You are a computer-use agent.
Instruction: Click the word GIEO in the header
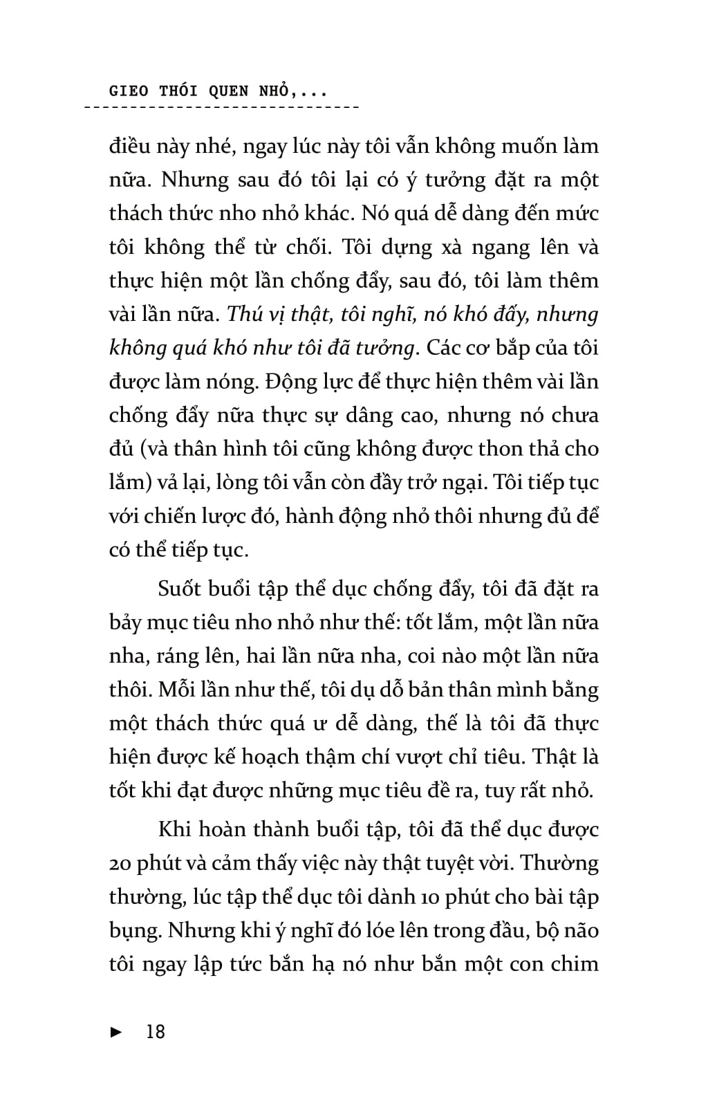(x=129, y=91)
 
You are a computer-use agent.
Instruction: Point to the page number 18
(x=156, y=1032)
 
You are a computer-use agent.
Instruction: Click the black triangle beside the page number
(x=117, y=1033)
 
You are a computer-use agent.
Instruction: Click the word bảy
(x=125, y=623)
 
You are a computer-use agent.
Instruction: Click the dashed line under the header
(x=221, y=108)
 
